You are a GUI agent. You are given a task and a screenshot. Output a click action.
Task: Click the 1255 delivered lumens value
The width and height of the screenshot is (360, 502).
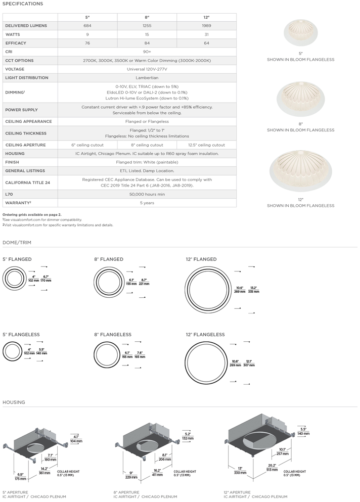click(147, 25)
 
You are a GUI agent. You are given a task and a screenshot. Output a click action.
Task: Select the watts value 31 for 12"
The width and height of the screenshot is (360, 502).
click(206, 34)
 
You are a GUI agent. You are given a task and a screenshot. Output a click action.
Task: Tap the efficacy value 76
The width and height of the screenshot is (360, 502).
click(87, 43)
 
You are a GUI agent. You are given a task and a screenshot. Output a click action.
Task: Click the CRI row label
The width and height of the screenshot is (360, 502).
click(9, 52)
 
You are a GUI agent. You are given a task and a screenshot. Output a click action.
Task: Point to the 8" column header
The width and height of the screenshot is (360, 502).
click(147, 17)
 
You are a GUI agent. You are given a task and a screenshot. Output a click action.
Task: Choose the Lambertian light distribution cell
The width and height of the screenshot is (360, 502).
click(147, 78)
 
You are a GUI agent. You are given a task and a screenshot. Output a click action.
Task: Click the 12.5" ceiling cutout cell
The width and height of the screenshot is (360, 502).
click(206, 145)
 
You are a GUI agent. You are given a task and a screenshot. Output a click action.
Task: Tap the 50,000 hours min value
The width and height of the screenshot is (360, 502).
click(147, 194)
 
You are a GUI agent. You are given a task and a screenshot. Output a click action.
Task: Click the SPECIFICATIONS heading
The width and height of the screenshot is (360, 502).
click(23, 4)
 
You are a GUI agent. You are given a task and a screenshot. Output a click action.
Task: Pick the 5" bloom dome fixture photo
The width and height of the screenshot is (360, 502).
click(301, 33)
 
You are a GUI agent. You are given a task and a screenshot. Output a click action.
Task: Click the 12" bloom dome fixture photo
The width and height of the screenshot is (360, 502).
click(300, 174)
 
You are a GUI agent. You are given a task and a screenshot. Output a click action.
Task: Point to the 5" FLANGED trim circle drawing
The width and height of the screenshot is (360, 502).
click(15, 279)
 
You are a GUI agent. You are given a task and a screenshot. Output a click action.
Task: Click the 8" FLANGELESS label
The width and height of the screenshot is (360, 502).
click(112, 335)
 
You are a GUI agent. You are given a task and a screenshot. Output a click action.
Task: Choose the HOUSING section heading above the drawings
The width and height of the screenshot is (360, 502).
click(14, 402)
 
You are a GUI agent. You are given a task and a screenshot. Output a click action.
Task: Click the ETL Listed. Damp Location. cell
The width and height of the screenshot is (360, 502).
click(147, 171)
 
